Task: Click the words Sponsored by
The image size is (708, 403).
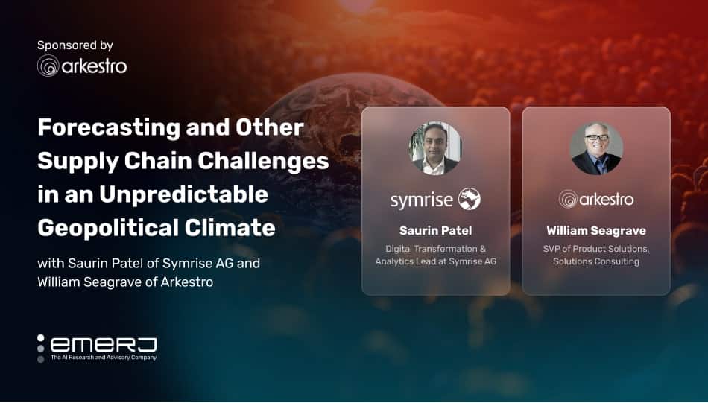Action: (x=75, y=45)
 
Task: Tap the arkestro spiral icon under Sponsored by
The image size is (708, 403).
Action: (x=48, y=66)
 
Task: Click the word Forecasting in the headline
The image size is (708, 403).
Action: (x=109, y=128)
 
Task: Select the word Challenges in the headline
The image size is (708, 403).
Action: (x=263, y=161)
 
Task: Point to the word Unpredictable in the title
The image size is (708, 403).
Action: (x=184, y=194)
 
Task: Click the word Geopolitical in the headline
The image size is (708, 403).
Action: (x=107, y=228)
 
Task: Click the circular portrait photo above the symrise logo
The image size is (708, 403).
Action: (x=435, y=147)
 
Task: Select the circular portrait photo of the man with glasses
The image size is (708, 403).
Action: (x=596, y=148)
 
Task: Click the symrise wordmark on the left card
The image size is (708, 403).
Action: (x=422, y=200)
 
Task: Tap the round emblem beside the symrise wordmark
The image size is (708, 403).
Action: (x=470, y=199)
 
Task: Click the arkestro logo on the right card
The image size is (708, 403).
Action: (x=596, y=199)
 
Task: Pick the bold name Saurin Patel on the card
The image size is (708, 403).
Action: (x=436, y=231)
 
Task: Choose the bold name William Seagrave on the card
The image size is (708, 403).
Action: (x=596, y=231)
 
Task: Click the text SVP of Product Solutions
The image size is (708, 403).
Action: (x=596, y=249)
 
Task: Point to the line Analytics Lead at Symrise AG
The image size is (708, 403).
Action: (x=436, y=261)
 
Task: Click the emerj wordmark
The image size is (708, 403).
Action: (x=104, y=345)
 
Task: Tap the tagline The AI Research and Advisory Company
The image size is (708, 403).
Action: (x=104, y=358)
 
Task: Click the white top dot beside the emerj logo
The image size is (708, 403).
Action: (x=41, y=338)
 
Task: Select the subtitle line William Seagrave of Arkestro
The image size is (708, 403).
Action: (x=125, y=282)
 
